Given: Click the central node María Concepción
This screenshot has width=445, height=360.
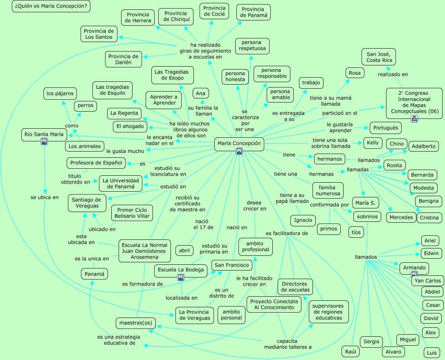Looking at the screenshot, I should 239,143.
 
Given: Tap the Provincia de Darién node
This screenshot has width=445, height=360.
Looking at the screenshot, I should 123,59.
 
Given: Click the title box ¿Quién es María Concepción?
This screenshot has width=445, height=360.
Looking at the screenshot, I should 51,6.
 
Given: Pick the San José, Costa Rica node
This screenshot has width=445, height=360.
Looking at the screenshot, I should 379,57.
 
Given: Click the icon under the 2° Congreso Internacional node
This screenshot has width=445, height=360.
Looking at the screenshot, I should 414,119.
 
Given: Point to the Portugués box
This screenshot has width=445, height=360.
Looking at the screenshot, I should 385,127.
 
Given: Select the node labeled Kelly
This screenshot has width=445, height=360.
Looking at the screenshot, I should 373,143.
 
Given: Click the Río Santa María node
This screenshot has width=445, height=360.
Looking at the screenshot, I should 44,134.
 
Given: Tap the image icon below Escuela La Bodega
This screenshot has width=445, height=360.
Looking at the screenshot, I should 180,277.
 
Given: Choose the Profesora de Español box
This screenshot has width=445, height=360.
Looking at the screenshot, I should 96,163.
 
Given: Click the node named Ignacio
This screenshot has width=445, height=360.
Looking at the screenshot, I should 303,220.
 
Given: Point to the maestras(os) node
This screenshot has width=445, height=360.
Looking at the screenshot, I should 135,323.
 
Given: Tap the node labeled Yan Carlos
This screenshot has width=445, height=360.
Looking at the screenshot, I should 427,281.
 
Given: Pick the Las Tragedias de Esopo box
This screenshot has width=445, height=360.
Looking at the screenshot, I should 172,75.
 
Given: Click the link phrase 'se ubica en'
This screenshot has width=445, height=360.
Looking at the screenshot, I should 45,197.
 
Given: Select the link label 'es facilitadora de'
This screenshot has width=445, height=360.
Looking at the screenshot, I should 287,233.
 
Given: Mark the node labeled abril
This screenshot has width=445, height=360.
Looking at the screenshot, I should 184,250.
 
